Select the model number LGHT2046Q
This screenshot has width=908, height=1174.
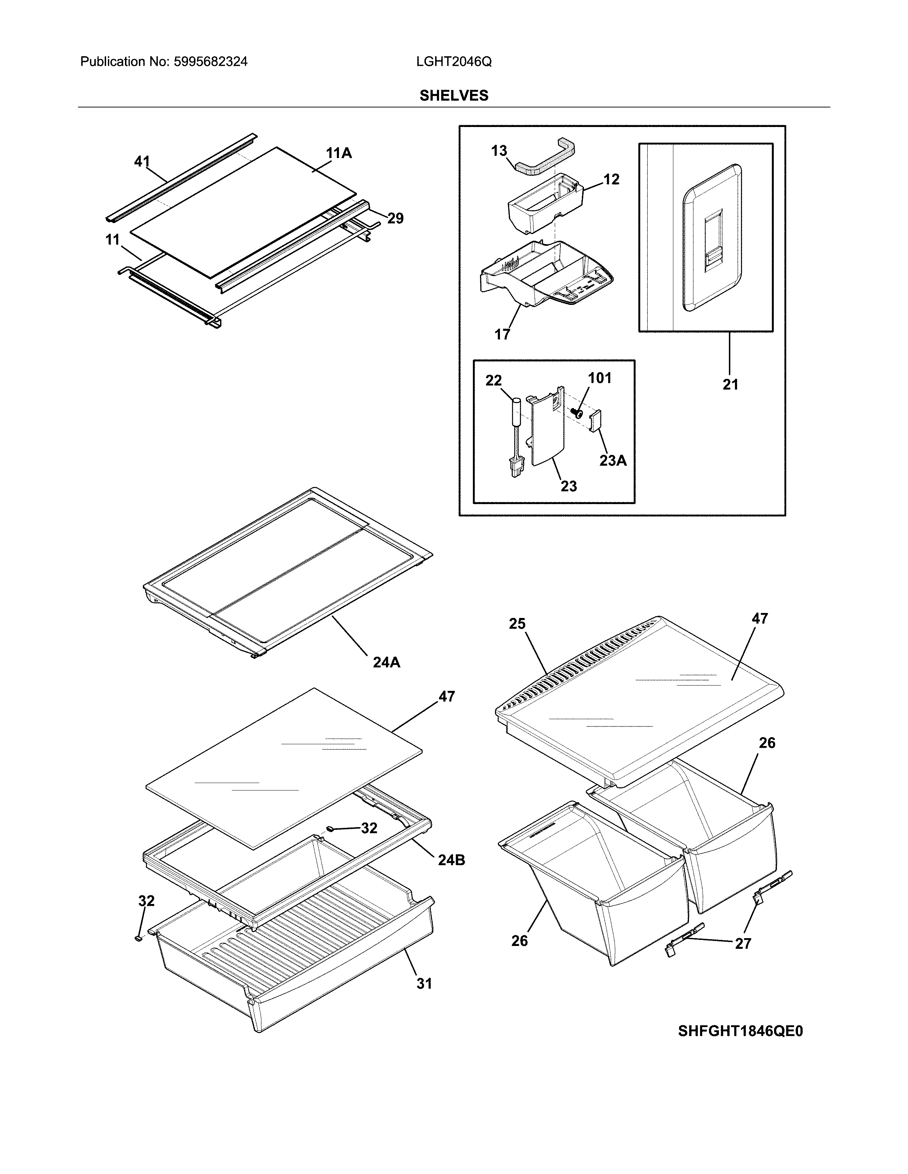pyautogui.click(x=453, y=62)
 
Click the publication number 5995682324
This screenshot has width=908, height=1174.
pyautogui.click(x=210, y=62)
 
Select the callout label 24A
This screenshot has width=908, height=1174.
pyautogui.click(x=386, y=662)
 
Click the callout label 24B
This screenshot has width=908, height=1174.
pyautogui.click(x=451, y=860)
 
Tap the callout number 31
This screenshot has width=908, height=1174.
pyautogui.click(x=424, y=983)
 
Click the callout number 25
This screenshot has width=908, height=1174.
pyautogui.click(x=517, y=624)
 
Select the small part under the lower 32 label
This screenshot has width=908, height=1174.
pyautogui.click(x=138, y=938)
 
